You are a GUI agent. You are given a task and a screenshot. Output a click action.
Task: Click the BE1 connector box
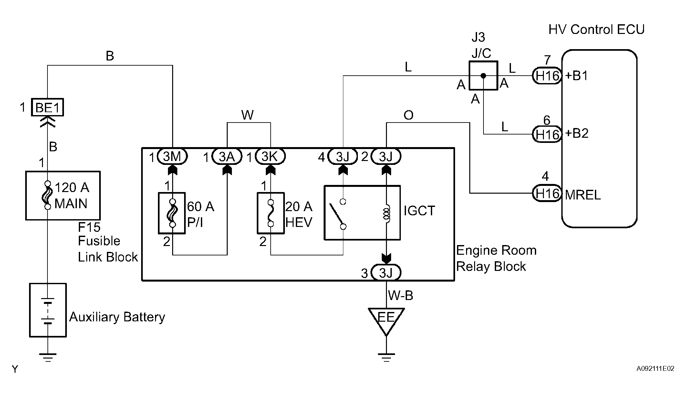[x=47, y=107]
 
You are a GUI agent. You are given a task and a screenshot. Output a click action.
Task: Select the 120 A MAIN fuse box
[x=63, y=196]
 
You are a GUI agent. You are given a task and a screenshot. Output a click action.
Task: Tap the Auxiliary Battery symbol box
[x=48, y=310]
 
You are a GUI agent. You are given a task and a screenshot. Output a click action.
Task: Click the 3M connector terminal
[x=172, y=157]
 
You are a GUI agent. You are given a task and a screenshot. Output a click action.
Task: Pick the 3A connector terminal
[x=227, y=157]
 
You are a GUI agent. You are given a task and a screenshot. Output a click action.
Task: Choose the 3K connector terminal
[x=270, y=157]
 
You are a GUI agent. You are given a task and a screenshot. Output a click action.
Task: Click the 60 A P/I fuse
[x=172, y=213]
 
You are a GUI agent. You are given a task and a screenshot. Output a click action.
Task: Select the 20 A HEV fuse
[x=271, y=213]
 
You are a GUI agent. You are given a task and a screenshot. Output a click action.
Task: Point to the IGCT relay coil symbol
[x=386, y=213]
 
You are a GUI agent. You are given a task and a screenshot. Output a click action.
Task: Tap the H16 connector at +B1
[x=547, y=76]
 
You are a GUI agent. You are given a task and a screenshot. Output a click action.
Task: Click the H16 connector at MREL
[x=547, y=193]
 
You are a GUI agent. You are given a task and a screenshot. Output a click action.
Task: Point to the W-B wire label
[x=400, y=295]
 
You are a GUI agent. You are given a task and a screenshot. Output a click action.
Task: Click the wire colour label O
[x=409, y=115]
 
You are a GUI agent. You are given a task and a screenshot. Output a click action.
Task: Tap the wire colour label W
[x=247, y=115]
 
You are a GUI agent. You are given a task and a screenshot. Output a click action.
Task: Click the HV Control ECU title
[x=597, y=29]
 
